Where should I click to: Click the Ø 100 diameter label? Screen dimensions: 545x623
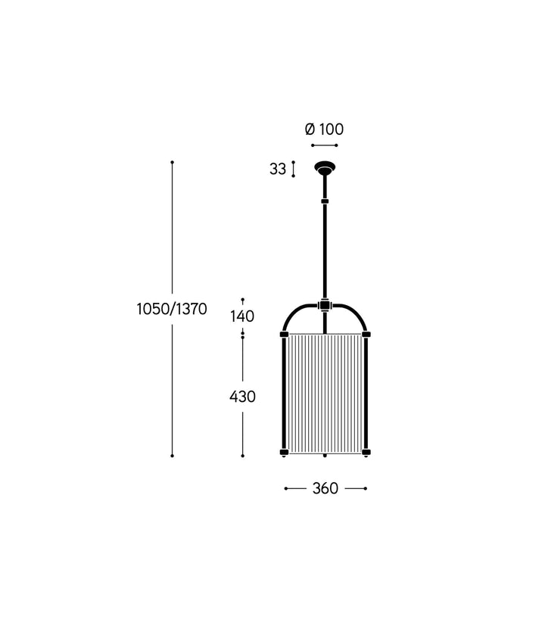click(x=324, y=129)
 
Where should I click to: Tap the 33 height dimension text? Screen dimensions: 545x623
click(x=278, y=170)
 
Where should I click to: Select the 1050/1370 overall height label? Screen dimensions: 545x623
click(x=172, y=309)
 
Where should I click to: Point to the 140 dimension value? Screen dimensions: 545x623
click(x=242, y=316)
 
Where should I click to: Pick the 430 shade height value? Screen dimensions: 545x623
click(x=242, y=397)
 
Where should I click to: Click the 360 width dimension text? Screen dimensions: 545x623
click(x=325, y=488)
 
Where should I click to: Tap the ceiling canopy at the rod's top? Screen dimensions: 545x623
click(x=325, y=167)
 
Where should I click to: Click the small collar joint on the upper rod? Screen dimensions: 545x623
click(x=325, y=201)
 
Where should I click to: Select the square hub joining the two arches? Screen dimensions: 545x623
click(x=325, y=306)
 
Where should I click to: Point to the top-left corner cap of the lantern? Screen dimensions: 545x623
click(x=284, y=334)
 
